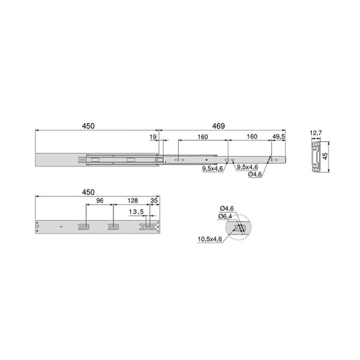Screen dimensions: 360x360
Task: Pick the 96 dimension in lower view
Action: pyautogui.click(x=99, y=202)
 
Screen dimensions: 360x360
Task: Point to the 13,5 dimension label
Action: pyautogui.click(x=138, y=211)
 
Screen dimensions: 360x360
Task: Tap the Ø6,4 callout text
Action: pyautogui.click(x=226, y=216)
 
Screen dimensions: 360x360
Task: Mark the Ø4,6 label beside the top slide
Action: pyautogui.click(x=256, y=175)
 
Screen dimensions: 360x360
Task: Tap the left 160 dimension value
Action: pyautogui.click(x=202, y=137)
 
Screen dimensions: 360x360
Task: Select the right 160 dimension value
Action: pyautogui.click(x=251, y=137)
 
